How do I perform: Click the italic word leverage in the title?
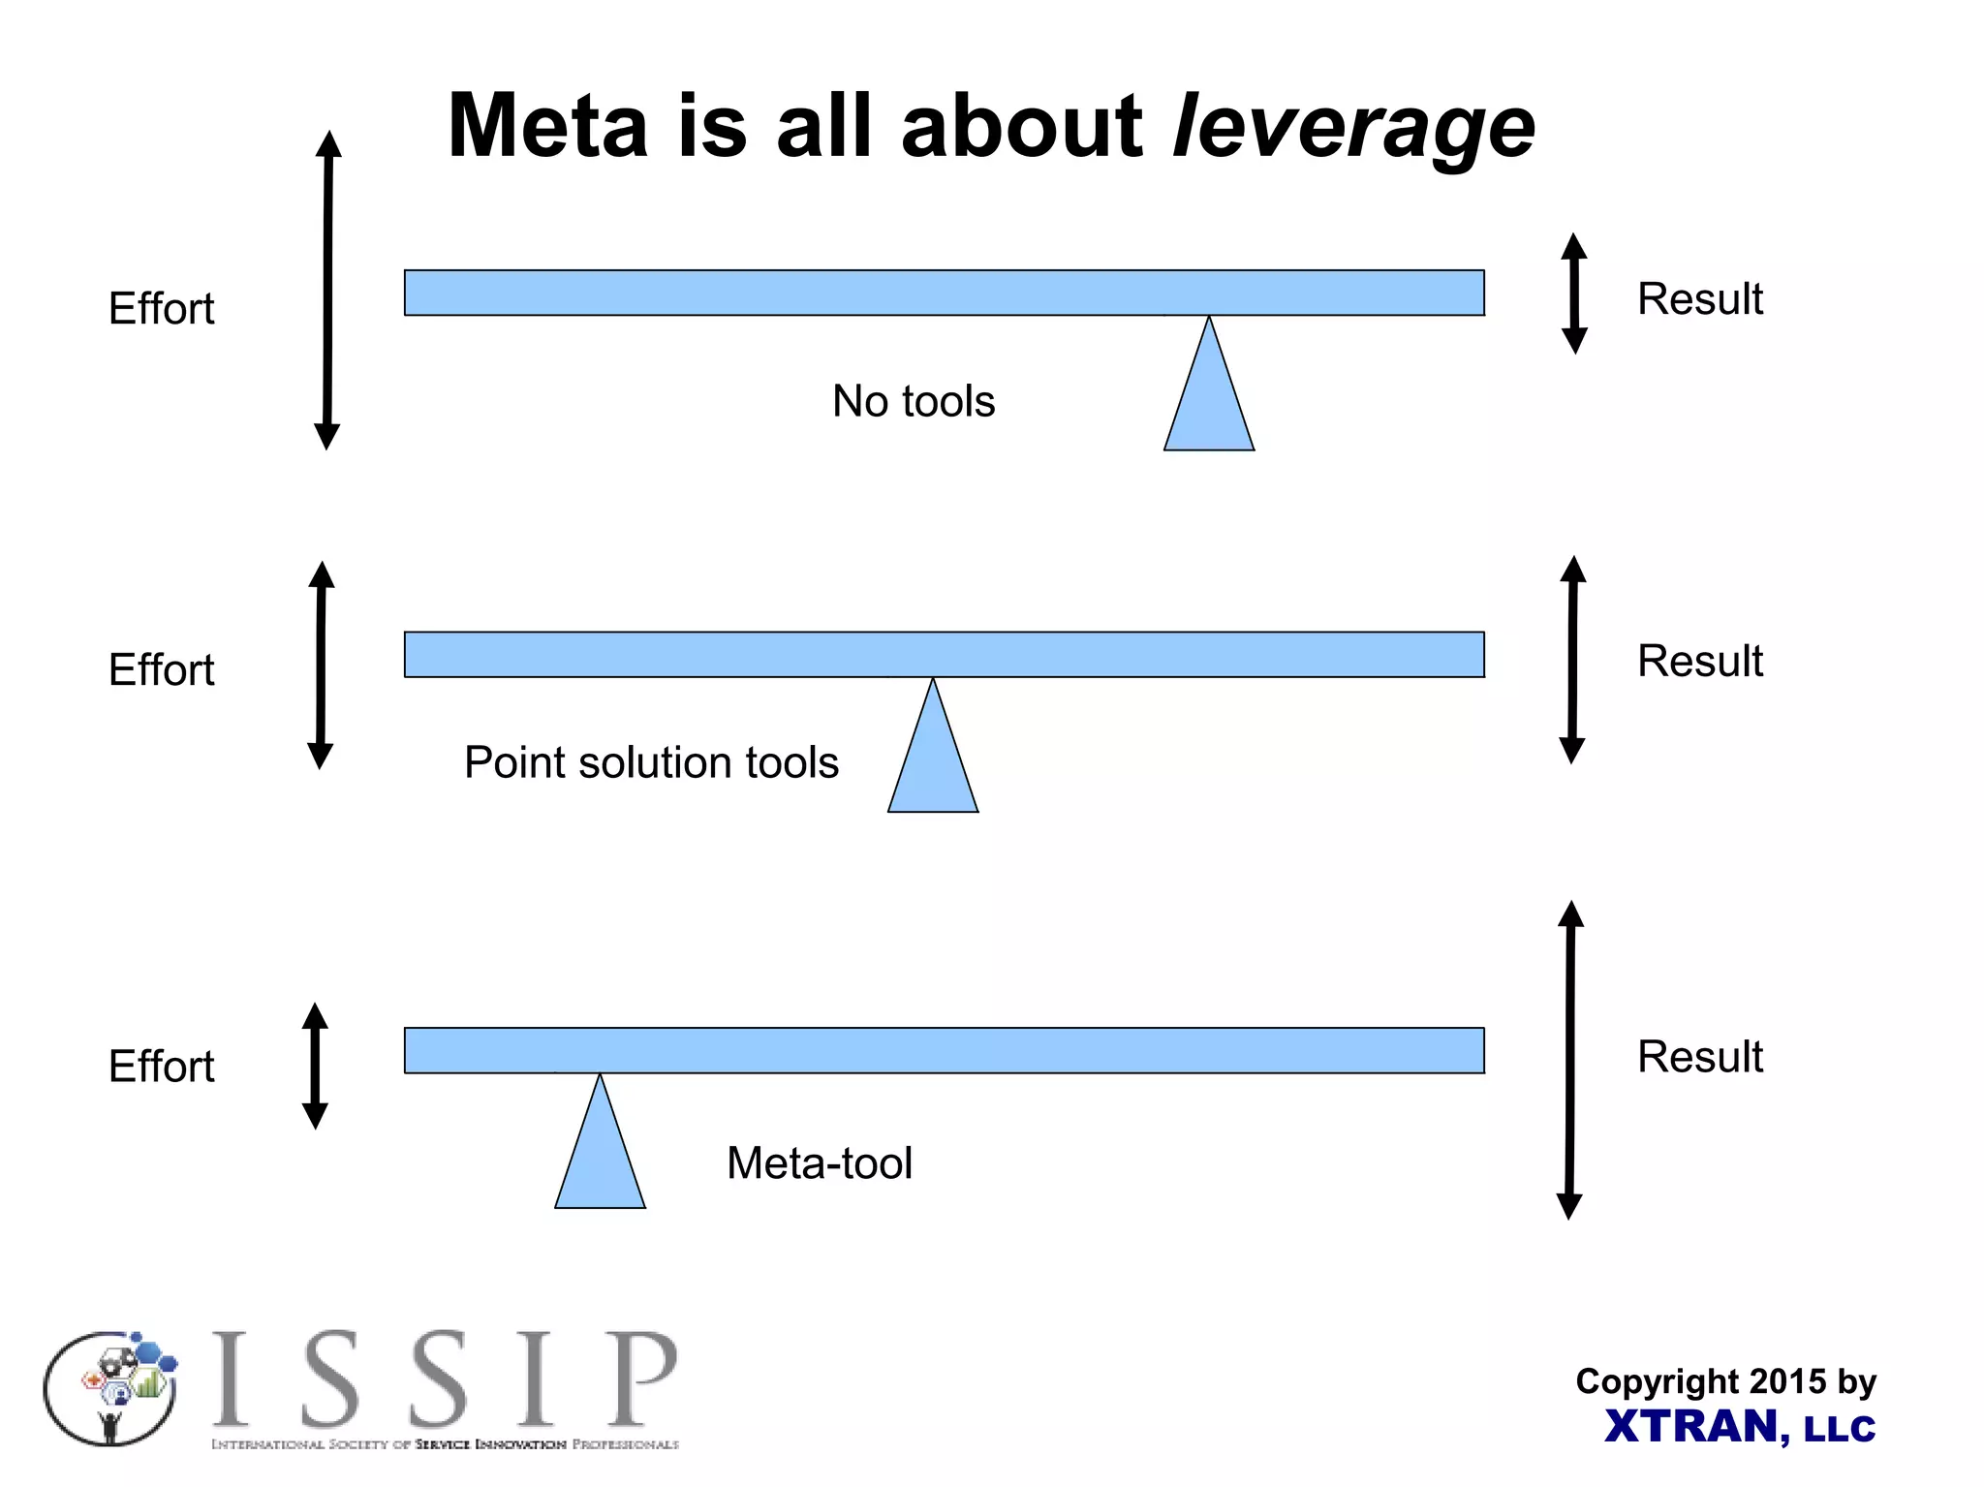[x=1353, y=128]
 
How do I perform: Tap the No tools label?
[x=914, y=401]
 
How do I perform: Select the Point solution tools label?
[x=651, y=762]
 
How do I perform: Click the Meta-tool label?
[x=820, y=1162]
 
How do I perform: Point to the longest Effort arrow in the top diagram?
[x=328, y=291]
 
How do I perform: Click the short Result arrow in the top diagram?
[x=1574, y=294]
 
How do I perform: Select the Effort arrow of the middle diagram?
[x=321, y=666]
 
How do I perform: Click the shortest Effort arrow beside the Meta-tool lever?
[x=315, y=1066]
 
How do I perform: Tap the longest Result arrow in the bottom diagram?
[x=1570, y=1060]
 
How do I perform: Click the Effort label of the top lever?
[x=161, y=309]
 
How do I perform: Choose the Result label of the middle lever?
[x=1699, y=662]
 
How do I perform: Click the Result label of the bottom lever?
[x=1699, y=1057]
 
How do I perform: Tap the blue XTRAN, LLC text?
[x=1740, y=1427]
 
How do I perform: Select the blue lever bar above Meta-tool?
[x=945, y=1050]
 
